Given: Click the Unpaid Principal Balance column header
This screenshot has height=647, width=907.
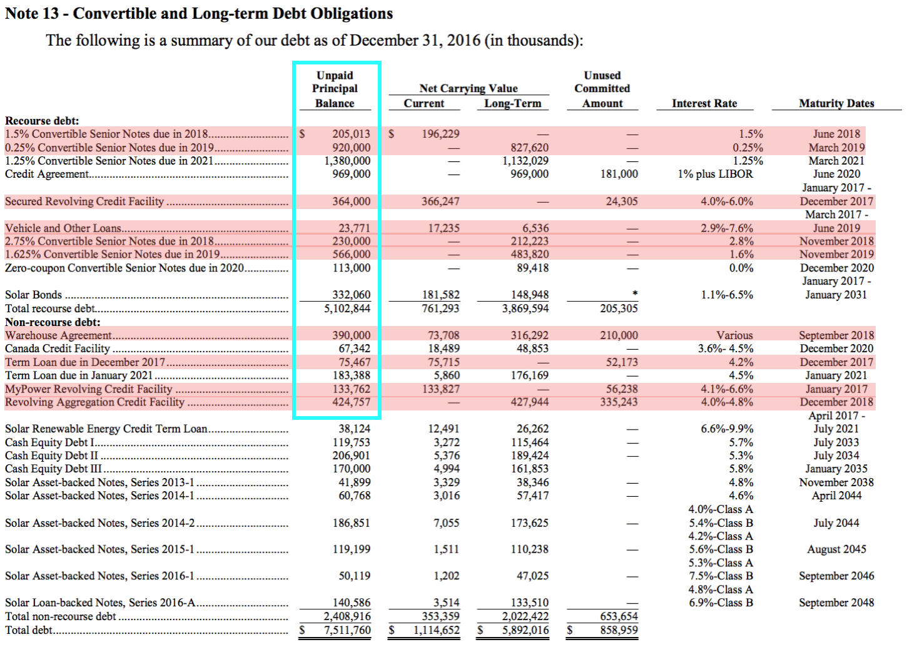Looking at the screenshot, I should [x=335, y=89].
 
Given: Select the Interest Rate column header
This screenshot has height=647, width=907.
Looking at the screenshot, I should [x=704, y=103].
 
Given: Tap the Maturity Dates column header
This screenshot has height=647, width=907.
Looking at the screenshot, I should [x=836, y=103].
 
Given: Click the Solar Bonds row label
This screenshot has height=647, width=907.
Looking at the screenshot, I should [x=34, y=295].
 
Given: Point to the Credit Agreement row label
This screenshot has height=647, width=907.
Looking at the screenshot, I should [x=47, y=174].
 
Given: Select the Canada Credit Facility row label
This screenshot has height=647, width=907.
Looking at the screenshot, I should [x=58, y=349].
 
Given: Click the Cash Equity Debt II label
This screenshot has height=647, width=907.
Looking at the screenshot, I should [x=51, y=456].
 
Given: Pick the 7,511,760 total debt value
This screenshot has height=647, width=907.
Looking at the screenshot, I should [x=347, y=630].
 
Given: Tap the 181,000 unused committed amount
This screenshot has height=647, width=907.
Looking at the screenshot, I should [x=619, y=174].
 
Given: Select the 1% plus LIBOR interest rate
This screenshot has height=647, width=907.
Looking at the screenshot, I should [x=716, y=174].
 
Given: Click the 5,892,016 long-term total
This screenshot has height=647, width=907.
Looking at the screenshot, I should [x=525, y=630].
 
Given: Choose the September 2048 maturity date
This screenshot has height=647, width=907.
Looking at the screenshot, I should [x=836, y=603].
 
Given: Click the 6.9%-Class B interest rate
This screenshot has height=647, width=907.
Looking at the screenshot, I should [x=721, y=603].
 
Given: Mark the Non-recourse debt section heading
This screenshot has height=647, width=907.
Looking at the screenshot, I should [x=53, y=322].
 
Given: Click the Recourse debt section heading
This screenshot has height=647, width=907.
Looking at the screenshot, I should [x=42, y=121].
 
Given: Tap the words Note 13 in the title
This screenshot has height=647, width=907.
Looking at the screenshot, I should [x=31, y=13].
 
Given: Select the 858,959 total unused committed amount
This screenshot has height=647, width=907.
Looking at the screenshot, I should [x=619, y=630].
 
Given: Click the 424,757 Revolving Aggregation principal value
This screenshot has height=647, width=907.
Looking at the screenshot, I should [x=351, y=402].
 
